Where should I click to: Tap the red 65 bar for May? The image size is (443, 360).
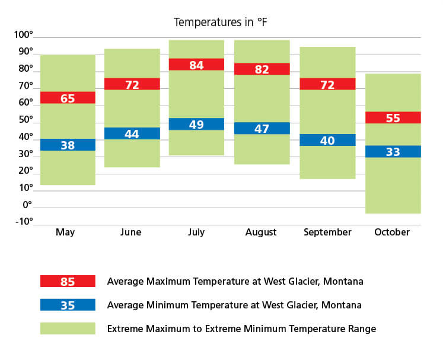click(x=68, y=98)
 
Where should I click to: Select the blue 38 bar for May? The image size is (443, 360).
click(x=68, y=145)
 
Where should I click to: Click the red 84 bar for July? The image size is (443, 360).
click(x=196, y=65)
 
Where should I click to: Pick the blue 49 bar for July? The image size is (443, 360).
click(x=196, y=124)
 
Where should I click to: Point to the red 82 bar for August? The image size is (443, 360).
click(x=262, y=69)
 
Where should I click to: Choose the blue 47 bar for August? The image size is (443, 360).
click(x=262, y=128)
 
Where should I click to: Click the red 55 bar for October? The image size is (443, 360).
click(x=393, y=117)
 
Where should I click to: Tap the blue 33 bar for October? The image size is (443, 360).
click(x=393, y=151)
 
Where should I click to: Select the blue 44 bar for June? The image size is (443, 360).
click(x=132, y=133)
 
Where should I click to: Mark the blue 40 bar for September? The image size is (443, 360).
click(x=327, y=140)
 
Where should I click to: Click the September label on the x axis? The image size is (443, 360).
click(x=327, y=232)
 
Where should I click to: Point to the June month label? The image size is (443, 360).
click(x=130, y=232)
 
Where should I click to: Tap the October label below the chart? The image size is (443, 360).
click(x=392, y=232)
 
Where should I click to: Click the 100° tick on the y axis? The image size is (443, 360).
click(x=24, y=35)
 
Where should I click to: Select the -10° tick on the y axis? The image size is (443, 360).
click(x=24, y=222)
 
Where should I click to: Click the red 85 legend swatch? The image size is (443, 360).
click(x=68, y=281)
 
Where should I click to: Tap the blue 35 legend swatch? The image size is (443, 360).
click(x=68, y=305)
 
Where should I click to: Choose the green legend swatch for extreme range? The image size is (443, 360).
click(x=68, y=329)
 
